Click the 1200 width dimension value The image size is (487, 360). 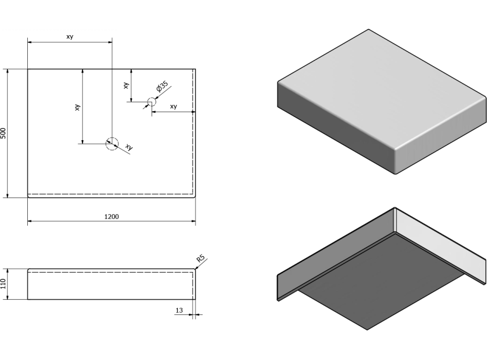pyautogui.click(x=111, y=217)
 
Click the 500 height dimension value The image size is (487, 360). pyautogui.click(x=4, y=133)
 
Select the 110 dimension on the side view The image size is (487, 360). pyautogui.click(x=4, y=284)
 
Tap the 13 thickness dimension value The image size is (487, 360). pyautogui.click(x=179, y=310)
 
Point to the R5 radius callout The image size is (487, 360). pyautogui.click(x=200, y=258)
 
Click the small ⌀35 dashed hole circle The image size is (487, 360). pyautogui.click(x=151, y=102)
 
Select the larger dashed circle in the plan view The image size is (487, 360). pyautogui.click(x=112, y=144)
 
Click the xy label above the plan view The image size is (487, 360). pyautogui.click(x=70, y=36)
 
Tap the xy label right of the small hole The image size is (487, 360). pyautogui.click(x=174, y=106)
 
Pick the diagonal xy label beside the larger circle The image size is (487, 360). pyautogui.click(x=129, y=147)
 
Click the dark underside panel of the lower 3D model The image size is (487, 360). pyautogui.click(x=382, y=281)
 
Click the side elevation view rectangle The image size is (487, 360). pyautogui.click(x=111, y=284)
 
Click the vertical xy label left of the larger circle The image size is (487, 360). pyautogui.click(x=77, y=107)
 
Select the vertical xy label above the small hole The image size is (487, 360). pyautogui.click(x=126, y=86)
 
